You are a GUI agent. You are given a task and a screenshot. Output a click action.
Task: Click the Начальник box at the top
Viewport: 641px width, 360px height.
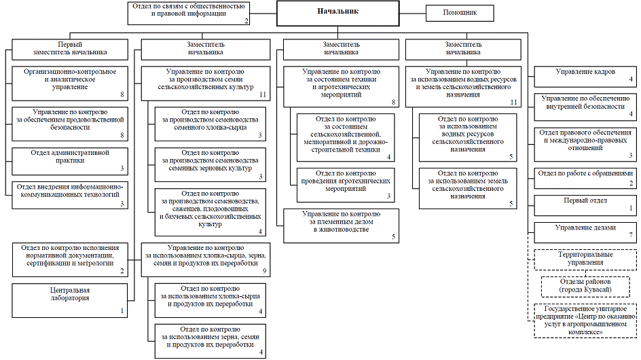(337, 13)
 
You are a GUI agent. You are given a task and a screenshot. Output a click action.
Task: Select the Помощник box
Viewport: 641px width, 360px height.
(460, 13)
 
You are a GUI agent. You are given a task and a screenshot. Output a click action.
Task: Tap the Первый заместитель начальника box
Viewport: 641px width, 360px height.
(70, 50)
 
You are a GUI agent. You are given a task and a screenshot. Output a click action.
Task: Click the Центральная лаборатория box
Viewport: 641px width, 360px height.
(70, 301)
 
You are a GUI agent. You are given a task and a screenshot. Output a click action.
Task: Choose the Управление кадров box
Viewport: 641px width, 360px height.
(585, 77)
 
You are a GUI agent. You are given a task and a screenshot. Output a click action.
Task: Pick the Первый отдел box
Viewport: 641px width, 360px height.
(585, 206)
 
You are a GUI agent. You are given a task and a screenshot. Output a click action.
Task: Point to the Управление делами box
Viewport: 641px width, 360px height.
(585, 233)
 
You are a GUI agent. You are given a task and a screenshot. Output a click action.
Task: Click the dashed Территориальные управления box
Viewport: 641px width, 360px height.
(585, 259)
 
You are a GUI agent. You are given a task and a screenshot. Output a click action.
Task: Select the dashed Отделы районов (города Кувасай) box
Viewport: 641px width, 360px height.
(585, 287)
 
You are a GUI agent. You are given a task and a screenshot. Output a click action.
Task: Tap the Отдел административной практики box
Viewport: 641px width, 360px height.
(70, 161)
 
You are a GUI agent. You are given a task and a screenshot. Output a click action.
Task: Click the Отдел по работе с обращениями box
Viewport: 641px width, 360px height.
(585, 179)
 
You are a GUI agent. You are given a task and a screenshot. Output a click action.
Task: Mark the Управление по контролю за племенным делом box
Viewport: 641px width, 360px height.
(342, 226)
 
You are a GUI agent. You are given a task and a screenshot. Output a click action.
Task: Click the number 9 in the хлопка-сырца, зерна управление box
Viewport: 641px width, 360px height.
(265, 271)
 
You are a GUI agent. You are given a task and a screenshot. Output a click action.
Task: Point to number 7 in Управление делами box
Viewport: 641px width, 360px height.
(631, 235)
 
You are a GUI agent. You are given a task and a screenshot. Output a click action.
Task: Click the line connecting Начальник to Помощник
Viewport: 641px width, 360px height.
(412, 13)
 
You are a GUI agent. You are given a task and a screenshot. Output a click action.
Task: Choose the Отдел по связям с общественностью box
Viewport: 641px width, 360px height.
(189, 13)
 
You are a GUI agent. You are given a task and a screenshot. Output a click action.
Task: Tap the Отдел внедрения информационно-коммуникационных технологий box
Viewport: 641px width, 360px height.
(70, 195)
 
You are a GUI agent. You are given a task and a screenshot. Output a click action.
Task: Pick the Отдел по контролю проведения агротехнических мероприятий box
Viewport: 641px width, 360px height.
(346, 185)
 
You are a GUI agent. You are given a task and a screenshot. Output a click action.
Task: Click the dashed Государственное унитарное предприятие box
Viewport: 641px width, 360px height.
(585, 321)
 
